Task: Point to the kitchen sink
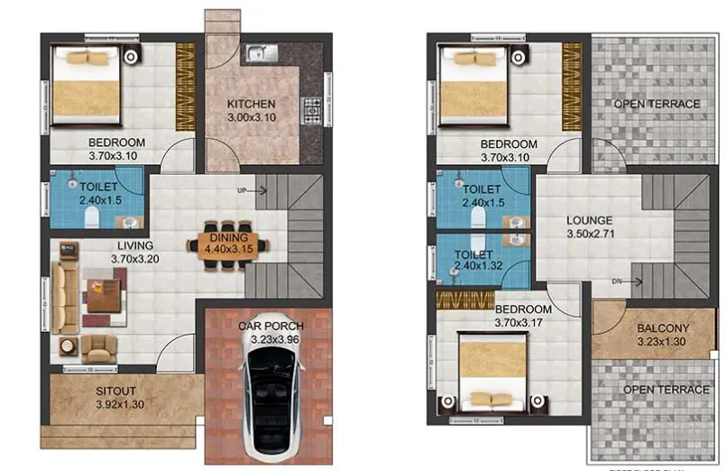260,51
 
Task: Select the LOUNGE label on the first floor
589,220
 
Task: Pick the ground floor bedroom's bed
84,86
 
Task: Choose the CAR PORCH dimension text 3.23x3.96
271,339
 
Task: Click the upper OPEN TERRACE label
657,104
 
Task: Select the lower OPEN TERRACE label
666,390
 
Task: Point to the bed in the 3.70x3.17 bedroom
492,370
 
